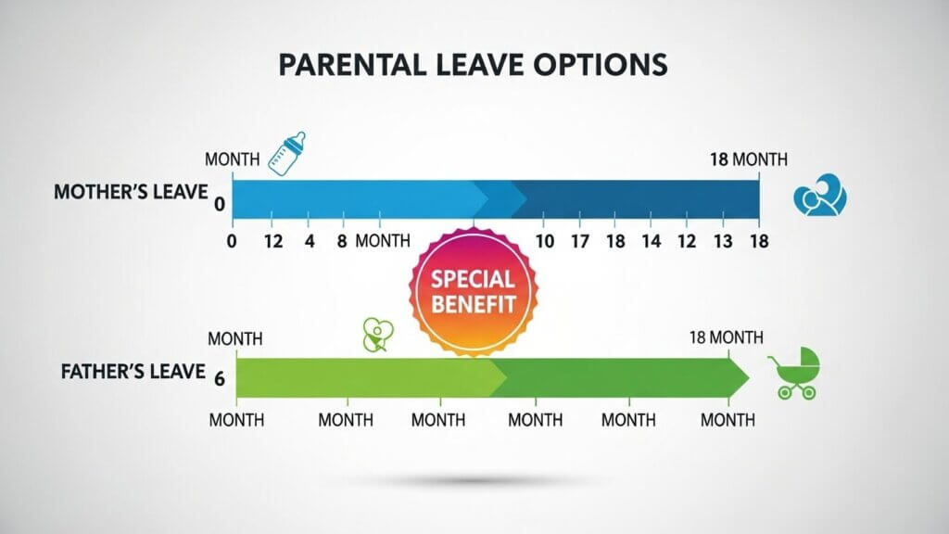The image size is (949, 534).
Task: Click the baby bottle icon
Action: coord(287,154)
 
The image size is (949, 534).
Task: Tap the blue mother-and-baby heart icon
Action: coord(820,196)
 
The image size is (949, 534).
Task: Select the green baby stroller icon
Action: coord(794,373)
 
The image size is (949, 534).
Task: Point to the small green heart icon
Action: coord(378,334)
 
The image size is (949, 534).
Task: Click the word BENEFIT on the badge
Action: coord(474,304)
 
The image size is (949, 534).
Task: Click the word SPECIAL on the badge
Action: coord(473,279)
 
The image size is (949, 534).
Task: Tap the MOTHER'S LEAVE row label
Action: coord(131,192)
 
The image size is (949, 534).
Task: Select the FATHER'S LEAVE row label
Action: coord(133,371)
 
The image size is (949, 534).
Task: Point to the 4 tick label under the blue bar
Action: coord(310,242)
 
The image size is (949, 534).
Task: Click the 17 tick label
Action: coord(580,242)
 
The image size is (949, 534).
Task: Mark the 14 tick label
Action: coord(652,242)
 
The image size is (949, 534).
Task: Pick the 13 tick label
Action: coord(723,242)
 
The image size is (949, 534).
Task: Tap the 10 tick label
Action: coord(545,242)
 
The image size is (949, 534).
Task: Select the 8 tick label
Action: coord(342,242)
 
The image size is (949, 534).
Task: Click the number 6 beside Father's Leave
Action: coord(219,379)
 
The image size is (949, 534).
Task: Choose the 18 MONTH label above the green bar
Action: coord(727,337)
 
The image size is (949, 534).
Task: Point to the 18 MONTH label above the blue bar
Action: coord(749,159)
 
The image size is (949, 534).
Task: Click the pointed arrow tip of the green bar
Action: coord(749,378)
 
